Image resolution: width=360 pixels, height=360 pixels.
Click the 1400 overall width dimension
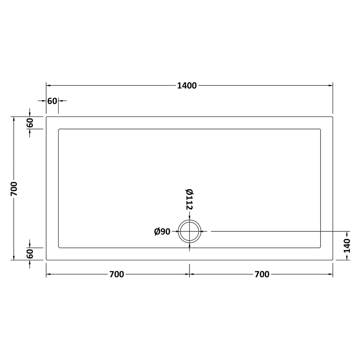[187, 86]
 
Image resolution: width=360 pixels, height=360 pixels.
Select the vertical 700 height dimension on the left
[14, 189]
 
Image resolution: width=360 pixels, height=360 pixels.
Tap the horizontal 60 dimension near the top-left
[52, 101]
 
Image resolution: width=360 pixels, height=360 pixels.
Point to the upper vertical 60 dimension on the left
[30, 123]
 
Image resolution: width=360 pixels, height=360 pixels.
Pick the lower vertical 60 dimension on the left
[30, 254]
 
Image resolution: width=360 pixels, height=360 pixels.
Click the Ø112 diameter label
[189, 199]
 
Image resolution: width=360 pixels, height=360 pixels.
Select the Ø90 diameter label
[162, 232]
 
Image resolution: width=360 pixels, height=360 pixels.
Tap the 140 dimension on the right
[347, 246]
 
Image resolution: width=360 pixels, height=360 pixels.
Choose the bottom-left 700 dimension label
[116, 274]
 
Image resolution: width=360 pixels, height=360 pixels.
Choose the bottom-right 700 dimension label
[262, 274]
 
